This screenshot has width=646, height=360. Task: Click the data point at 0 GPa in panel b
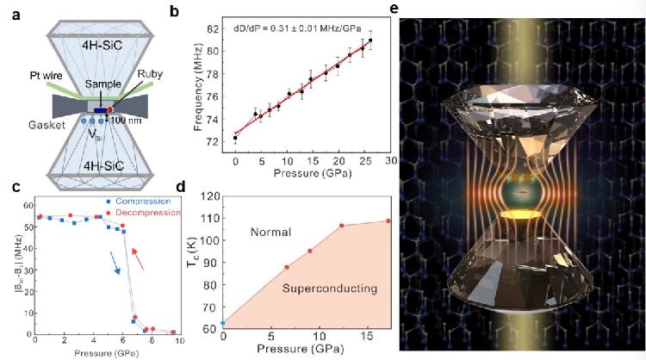click(235, 138)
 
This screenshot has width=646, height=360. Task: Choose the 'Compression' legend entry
click(142, 202)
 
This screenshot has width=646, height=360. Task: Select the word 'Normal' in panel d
click(273, 232)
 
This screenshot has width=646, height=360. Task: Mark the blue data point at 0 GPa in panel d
click(223, 323)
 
